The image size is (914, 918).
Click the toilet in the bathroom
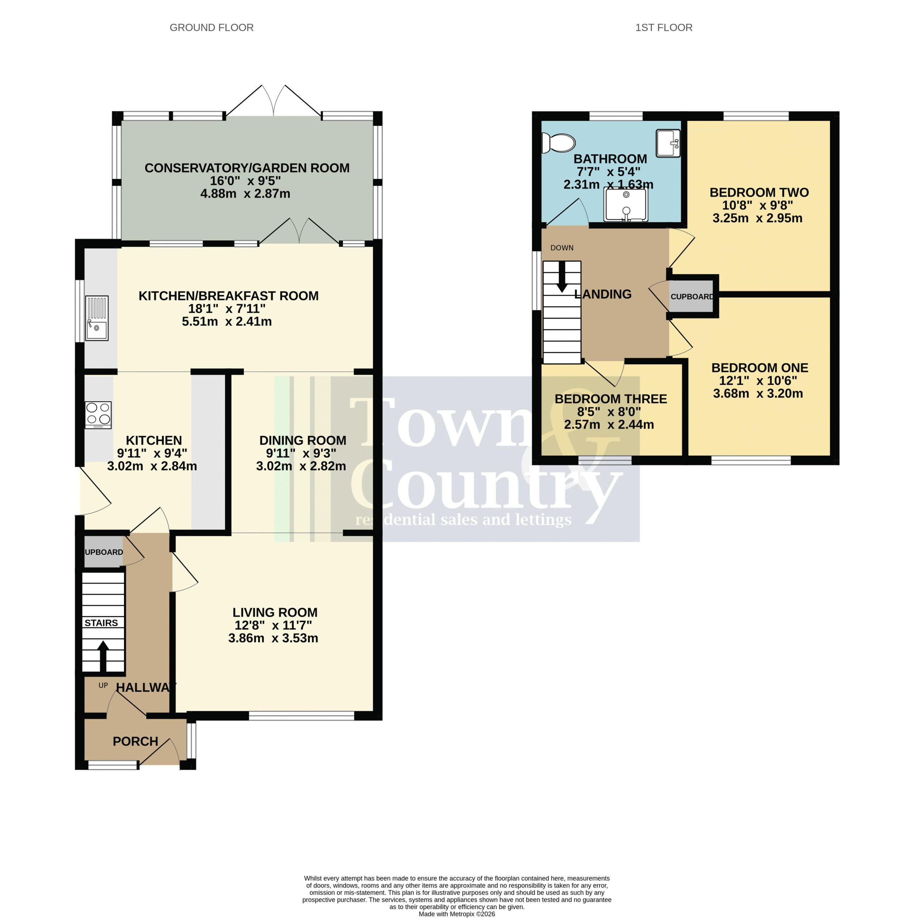[558, 143]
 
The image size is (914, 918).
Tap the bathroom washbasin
[668, 143]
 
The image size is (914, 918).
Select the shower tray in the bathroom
[625, 204]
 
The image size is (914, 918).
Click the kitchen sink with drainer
[97, 318]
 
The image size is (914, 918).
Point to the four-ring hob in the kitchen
[98, 415]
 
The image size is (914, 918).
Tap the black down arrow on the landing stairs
[562, 276]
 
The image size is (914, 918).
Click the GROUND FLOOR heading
[212, 28]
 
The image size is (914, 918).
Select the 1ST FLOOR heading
[664, 28]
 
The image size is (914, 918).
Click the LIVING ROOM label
[275, 612]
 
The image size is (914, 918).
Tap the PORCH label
[136, 741]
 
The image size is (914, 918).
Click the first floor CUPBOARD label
[692, 297]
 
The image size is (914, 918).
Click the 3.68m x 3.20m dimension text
[758, 393]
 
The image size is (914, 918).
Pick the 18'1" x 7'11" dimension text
[227, 308]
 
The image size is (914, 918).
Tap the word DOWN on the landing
[562, 247]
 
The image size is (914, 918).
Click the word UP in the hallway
[103, 685]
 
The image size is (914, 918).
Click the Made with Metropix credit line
[456, 914]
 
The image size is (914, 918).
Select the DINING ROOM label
[303, 440]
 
